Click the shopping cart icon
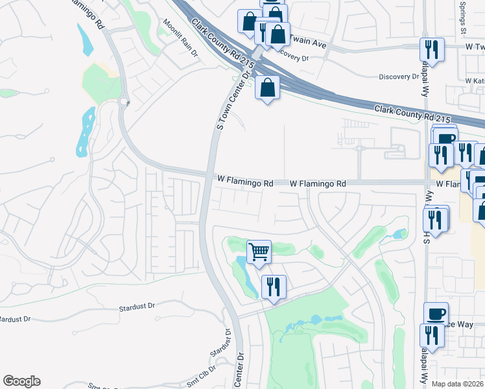259,250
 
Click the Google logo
21,381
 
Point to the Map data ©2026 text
457,383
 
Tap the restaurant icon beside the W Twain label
431,49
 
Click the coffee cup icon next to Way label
436,314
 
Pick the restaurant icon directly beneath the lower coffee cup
431,335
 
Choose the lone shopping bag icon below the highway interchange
267,88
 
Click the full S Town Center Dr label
233,100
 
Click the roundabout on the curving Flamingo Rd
124,100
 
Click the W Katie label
475,80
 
